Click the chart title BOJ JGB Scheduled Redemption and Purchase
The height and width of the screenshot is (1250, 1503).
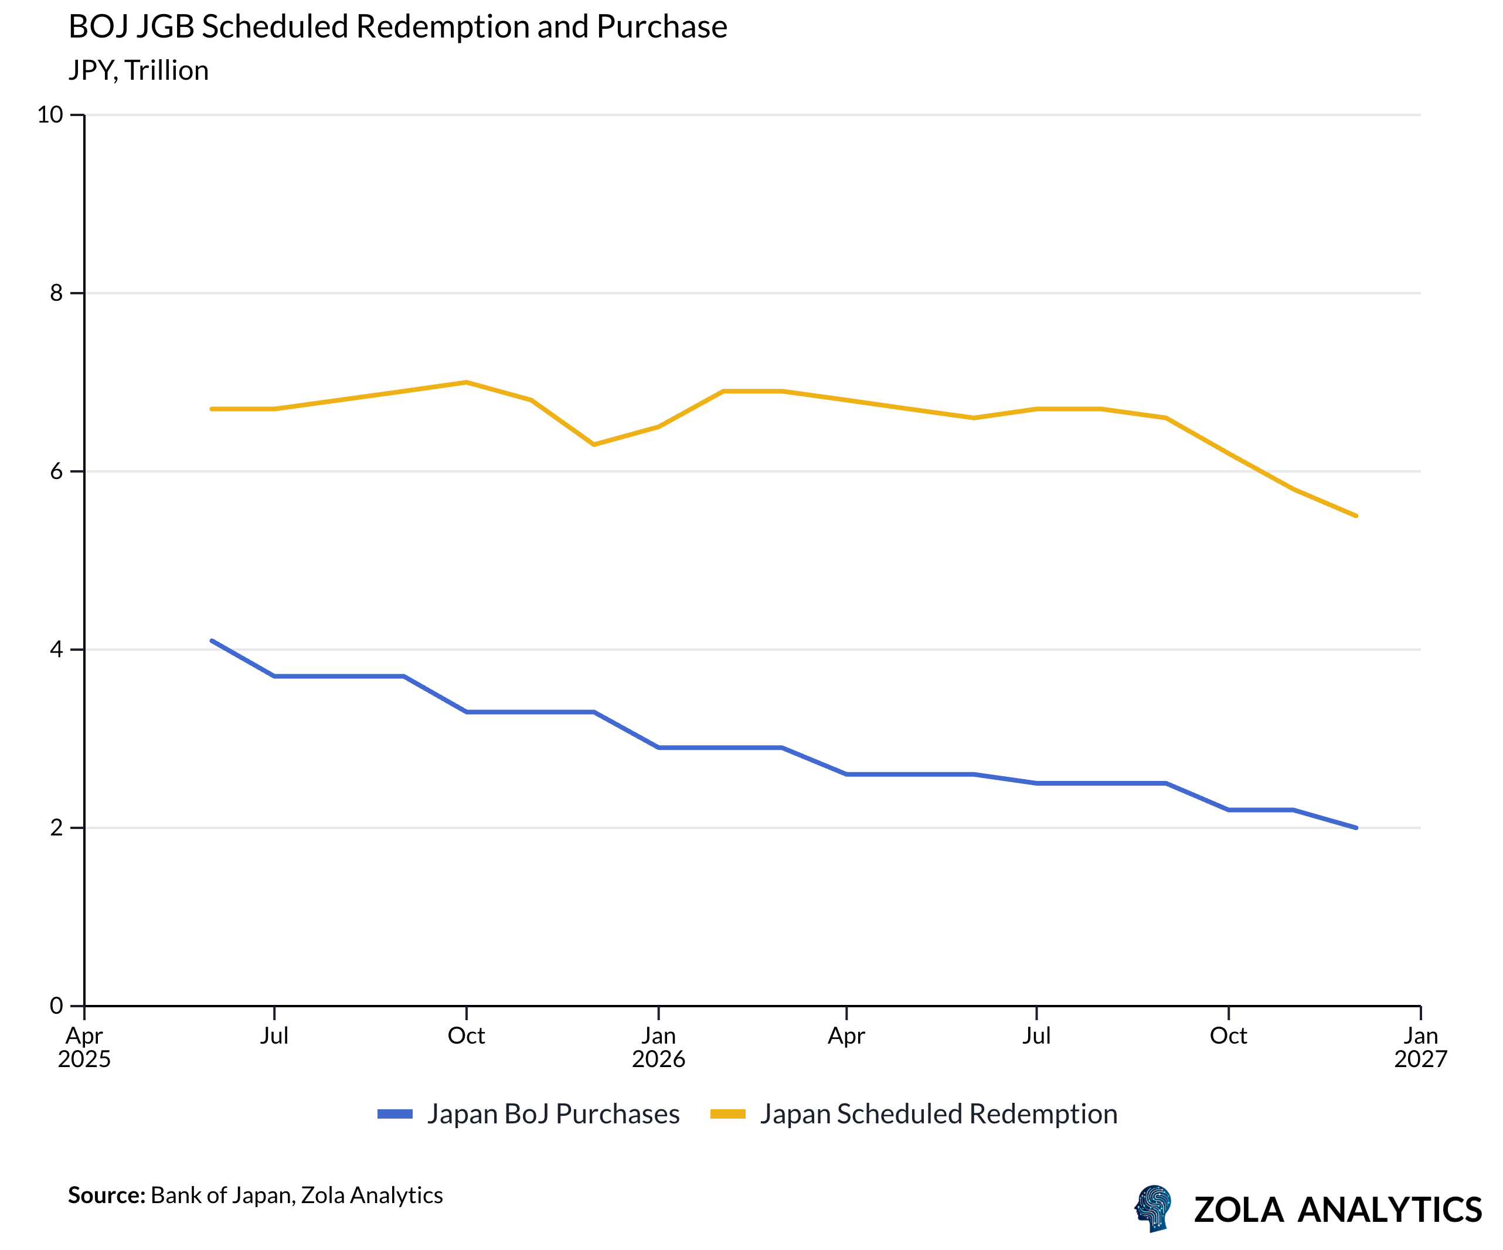(x=397, y=27)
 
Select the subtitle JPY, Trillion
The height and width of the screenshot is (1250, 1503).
(x=138, y=71)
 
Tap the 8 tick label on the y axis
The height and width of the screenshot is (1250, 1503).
(x=56, y=293)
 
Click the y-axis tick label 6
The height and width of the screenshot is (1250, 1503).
(x=56, y=471)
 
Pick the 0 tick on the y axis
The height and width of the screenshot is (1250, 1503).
(x=56, y=1006)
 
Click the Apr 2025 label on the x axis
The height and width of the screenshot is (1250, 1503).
(x=84, y=1047)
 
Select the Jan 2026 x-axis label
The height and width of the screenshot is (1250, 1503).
(x=658, y=1047)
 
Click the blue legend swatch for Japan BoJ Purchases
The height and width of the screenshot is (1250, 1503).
(x=395, y=1114)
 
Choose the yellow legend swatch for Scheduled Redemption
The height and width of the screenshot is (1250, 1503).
(x=728, y=1114)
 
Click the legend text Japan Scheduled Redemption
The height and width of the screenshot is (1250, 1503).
(x=938, y=1114)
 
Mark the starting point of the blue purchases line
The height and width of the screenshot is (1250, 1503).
(x=212, y=641)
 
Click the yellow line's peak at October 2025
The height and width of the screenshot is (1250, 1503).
(x=467, y=382)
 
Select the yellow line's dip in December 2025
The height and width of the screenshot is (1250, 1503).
(x=594, y=444)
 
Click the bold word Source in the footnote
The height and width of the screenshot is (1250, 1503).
(x=106, y=1195)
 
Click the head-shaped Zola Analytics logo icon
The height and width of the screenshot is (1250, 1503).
(x=1153, y=1208)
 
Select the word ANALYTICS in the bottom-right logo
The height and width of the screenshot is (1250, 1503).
(x=1389, y=1210)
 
